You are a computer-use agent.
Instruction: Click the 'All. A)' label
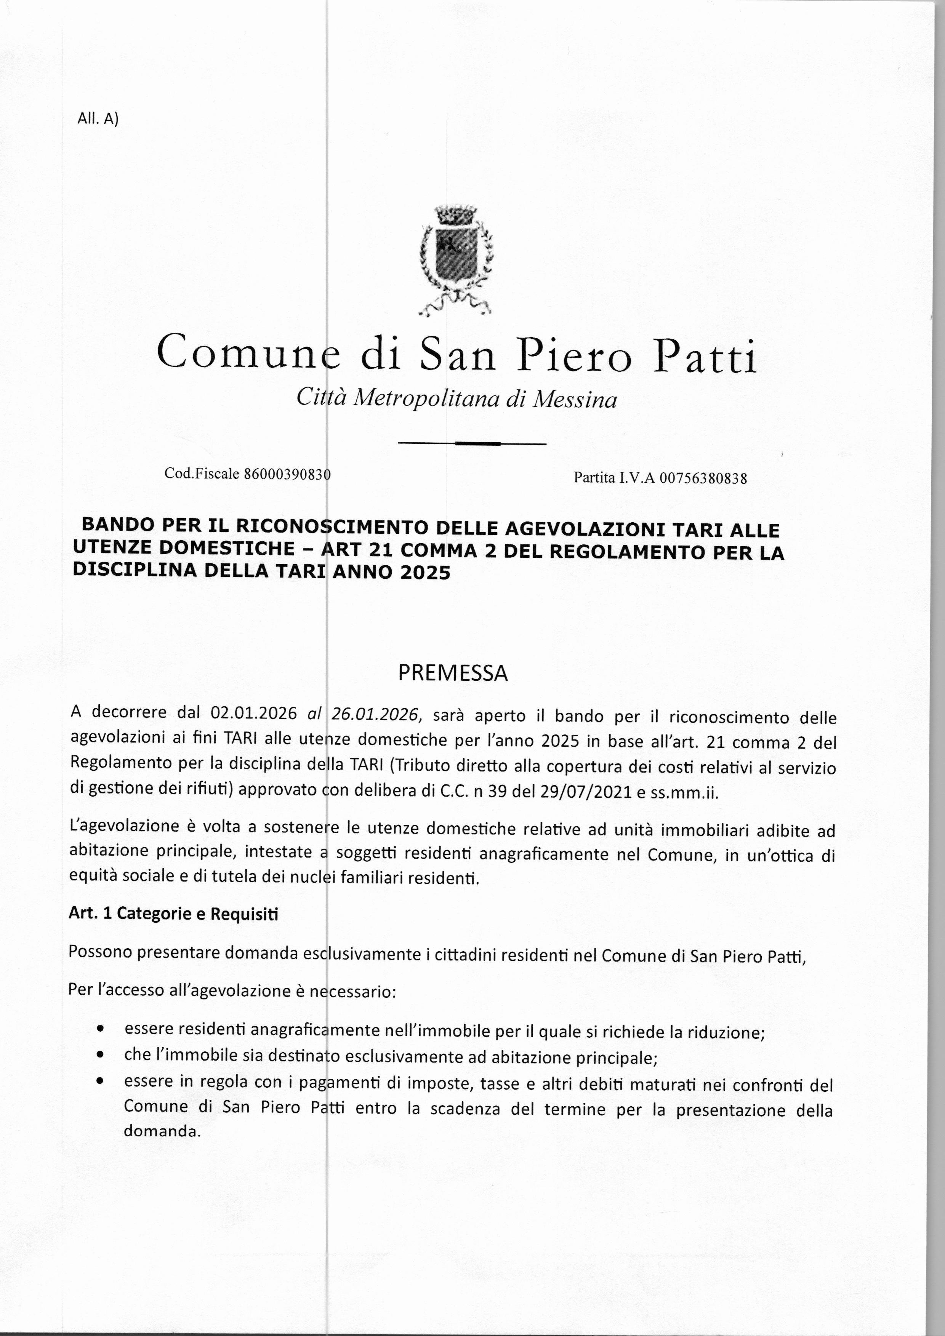pos(98,119)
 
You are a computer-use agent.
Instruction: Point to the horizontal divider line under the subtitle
pos(471,444)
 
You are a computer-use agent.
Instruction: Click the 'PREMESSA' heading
pos(453,673)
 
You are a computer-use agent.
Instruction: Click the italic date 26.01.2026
pos(375,714)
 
